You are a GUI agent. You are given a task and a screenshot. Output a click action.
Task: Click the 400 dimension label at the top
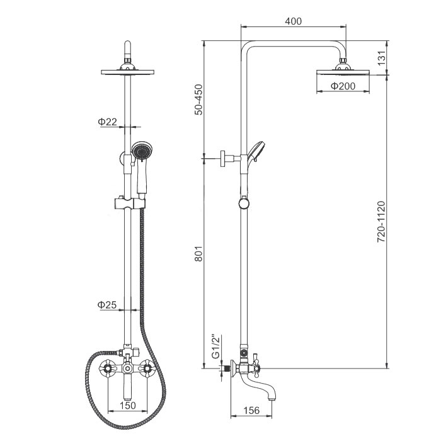click(293, 21)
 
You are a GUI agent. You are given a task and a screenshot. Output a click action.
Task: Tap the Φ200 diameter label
click(343, 86)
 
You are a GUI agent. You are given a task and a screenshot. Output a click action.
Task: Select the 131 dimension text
click(381, 58)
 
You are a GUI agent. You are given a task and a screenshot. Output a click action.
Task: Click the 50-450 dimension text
click(199, 100)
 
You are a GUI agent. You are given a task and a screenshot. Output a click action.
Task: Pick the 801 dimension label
click(199, 254)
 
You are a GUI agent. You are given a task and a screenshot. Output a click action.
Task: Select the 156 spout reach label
click(251, 410)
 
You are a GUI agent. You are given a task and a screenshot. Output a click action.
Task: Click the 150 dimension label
click(128, 405)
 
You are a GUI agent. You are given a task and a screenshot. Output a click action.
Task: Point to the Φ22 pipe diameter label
click(107, 122)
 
